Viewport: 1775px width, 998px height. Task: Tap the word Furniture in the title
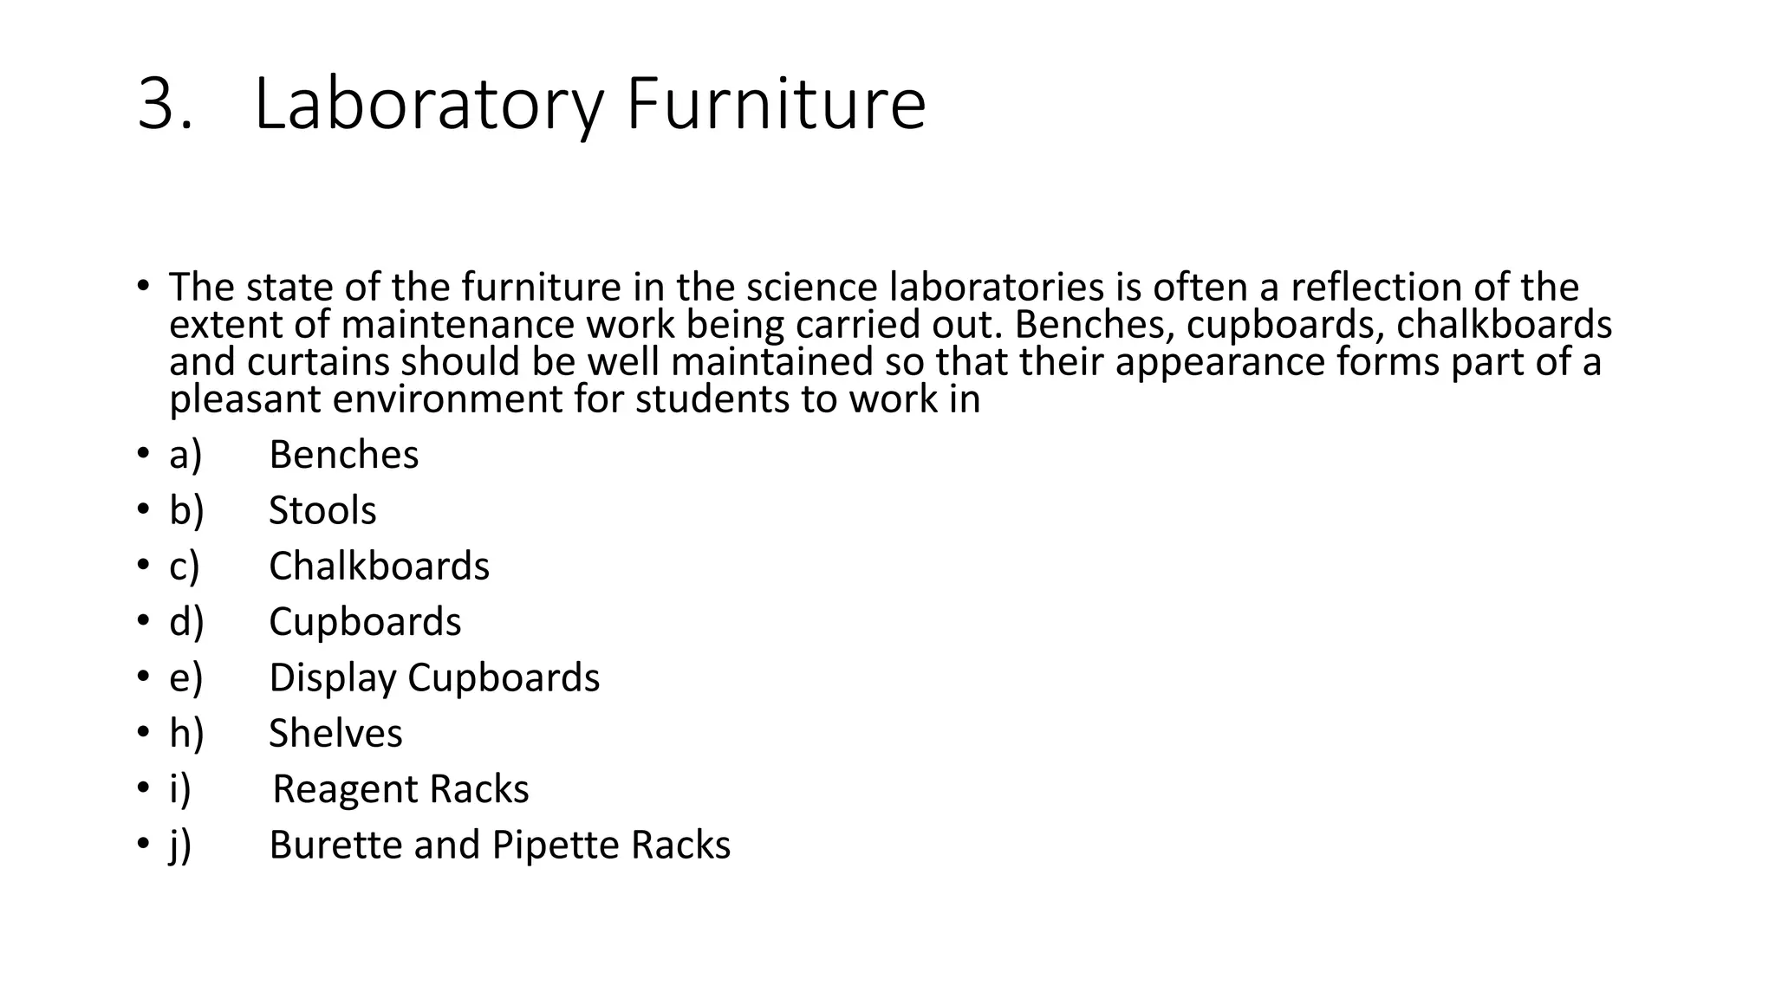click(776, 105)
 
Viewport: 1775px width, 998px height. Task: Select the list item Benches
click(343, 455)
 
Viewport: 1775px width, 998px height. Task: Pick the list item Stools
click(322, 510)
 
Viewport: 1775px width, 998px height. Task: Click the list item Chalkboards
click(379, 567)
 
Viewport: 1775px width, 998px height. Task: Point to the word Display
click(333, 677)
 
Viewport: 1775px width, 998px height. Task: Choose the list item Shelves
click(335, 734)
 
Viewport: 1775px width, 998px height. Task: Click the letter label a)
click(185, 455)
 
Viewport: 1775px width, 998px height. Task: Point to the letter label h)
click(186, 734)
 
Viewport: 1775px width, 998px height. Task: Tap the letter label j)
click(180, 846)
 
